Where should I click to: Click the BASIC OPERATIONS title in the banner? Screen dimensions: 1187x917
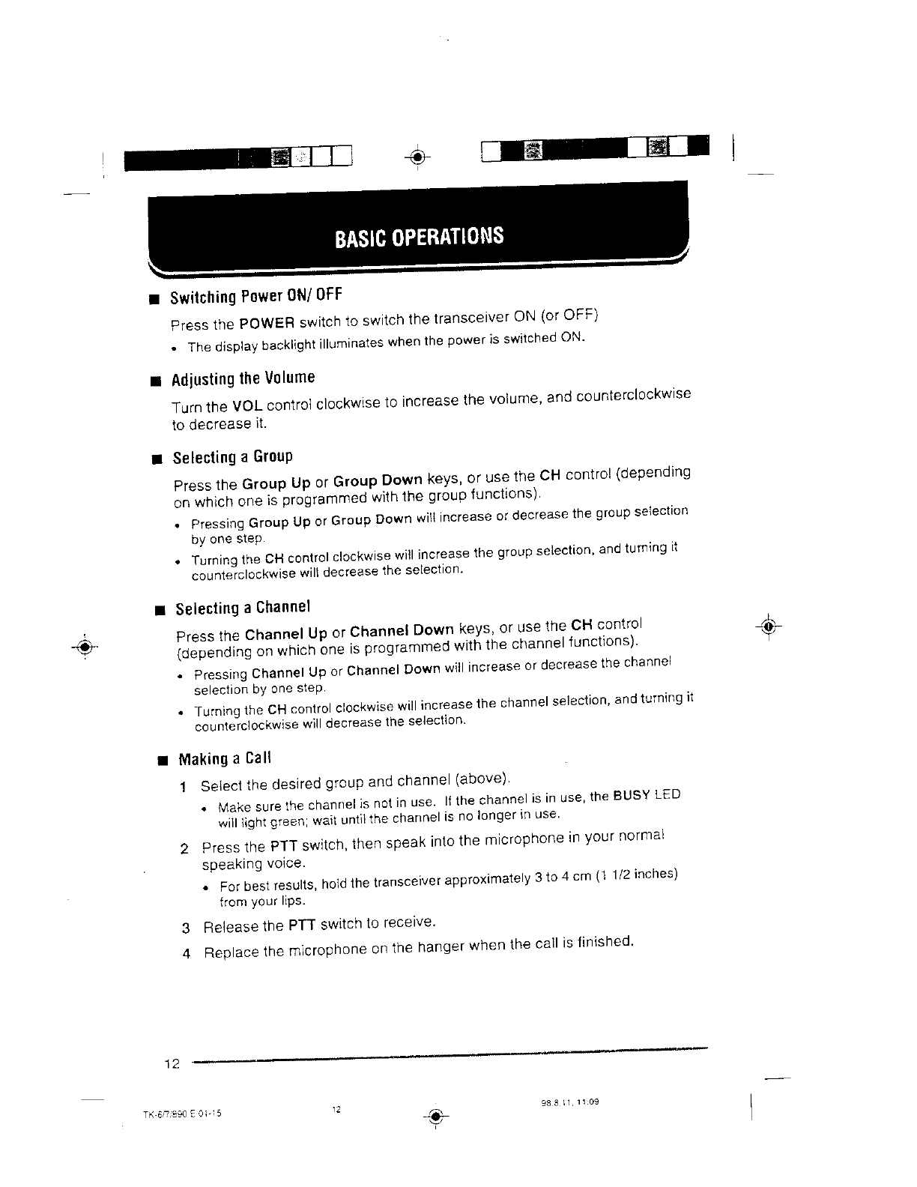pyautogui.click(x=420, y=236)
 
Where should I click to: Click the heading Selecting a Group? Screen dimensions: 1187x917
pyautogui.click(x=232, y=457)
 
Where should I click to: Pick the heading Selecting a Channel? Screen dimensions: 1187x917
pyautogui.click(x=242, y=608)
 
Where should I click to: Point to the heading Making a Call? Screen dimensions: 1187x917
pyautogui.click(x=224, y=759)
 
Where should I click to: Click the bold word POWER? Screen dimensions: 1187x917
pyautogui.click(x=266, y=324)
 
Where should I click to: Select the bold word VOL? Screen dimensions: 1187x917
pyautogui.click(x=245, y=407)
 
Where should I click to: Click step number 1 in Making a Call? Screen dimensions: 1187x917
pyautogui.click(x=184, y=787)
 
